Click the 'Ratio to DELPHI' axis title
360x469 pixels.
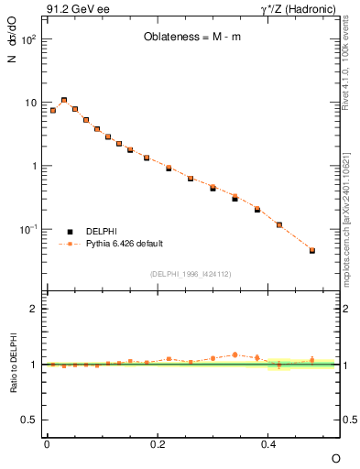(12, 365)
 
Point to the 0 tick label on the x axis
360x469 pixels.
(47, 443)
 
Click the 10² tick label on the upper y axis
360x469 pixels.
(28, 40)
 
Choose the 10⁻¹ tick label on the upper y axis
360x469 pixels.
(28, 229)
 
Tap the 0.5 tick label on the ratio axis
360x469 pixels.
(30, 420)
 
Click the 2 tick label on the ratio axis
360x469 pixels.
(35, 309)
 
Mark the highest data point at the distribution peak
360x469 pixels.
(64, 100)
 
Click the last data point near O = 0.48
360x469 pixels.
(312, 250)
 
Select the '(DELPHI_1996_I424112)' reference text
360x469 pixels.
(191, 274)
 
